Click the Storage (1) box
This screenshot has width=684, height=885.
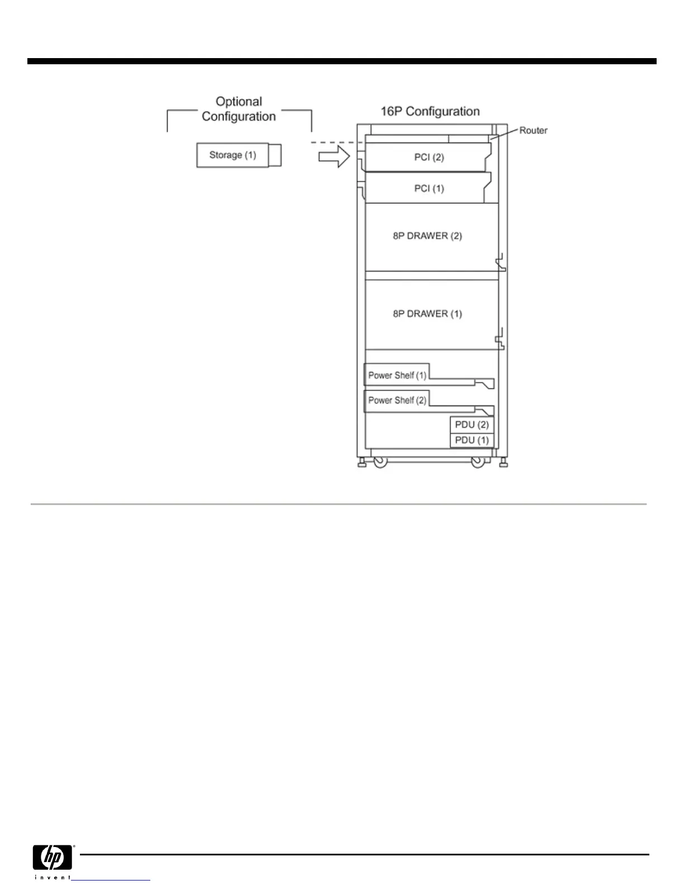[x=232, y=155]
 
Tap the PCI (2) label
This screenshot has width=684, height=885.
[x=429, y=157]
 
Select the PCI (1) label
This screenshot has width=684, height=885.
[x=429, y=188]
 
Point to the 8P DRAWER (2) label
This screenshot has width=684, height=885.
[x=427, y=236]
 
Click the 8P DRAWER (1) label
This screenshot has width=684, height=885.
[x=427, y=313]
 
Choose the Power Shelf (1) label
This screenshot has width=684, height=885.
[x=397, y=375]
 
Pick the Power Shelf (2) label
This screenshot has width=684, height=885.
[x=397, y=400]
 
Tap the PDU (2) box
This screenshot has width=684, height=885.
[x=472, y=425]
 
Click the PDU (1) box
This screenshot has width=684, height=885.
[x=472, y=440]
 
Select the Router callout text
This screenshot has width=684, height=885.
[x=533, y=131]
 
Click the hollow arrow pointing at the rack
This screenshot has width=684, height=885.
[x=334, y=157]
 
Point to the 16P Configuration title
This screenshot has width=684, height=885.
[x=430, y=111]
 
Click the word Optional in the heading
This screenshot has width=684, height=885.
[x=239, y=102]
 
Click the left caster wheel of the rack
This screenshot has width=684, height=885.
[x=380, y=463]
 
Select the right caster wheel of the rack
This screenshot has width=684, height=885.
[x=478, y=463]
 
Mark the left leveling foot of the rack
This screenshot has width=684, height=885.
[x=362, y=463]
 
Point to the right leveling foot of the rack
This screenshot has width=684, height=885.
[x=503, y=463]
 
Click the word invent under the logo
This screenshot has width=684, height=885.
[x=53, y=877]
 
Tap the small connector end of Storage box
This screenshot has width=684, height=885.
[x=274, y=155]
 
